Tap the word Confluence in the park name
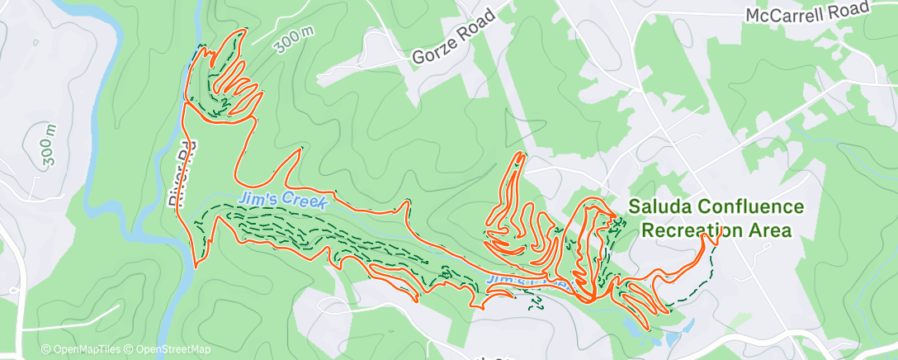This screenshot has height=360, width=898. click(x=749, y=207)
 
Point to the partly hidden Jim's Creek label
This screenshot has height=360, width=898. click(x=527, y=283)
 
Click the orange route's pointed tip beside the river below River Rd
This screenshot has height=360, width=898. click(x=196, y=267)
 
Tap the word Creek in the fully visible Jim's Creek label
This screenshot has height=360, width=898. click(x=308, y=201)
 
